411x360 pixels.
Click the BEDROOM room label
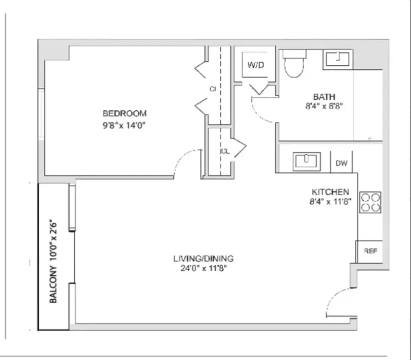click(x=125, y=113)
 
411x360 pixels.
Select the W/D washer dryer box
click(x=255, y=65)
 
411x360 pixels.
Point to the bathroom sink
click(x=338, y=59)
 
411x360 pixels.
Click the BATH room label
click(x=324, y=97)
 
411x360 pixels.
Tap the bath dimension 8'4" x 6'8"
click(x=324, y=107)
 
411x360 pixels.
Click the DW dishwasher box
click(x=342, y=163)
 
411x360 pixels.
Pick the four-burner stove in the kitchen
click(x=370, y=202)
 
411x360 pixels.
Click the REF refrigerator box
click(x=370, y=252)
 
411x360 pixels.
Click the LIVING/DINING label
click(x=203, y=259)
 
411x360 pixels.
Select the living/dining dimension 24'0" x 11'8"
click(x=203, y=269)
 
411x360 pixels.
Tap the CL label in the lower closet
click(x=225, y=152)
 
